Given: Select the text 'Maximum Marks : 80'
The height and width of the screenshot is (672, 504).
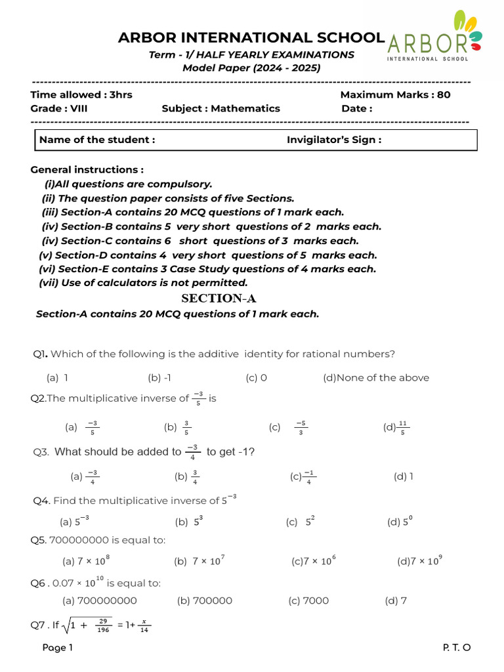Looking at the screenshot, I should coord(395,94).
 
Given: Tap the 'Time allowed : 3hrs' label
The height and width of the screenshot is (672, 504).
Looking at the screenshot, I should coord(81,94).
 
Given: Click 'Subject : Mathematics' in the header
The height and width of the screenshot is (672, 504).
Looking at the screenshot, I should coord(220,108).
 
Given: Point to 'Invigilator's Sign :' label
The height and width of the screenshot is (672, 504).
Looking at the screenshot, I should coord(333,139).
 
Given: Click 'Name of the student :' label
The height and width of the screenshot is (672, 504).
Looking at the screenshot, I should coord(97,139).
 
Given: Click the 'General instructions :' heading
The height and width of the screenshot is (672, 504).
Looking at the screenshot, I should coord(87,169).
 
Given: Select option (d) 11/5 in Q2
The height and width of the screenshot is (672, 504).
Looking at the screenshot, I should coord(396,427).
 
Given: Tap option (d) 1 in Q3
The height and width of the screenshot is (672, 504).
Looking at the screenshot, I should coord(403,476).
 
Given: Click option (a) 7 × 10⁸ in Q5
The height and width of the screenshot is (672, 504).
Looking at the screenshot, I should coord(86,561).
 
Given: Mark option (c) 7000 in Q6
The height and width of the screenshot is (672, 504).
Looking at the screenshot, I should coord(308,600).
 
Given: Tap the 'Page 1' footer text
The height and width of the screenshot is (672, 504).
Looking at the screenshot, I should coord(58,648).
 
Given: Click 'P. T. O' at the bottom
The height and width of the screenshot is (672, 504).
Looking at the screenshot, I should coord(457,648).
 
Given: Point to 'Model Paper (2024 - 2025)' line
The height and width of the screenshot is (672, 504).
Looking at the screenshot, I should coord(251,68).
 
